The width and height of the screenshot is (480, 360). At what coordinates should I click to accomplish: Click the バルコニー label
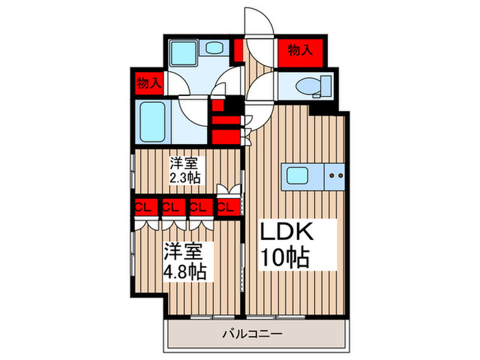pyautogui.click(x=256, y=335)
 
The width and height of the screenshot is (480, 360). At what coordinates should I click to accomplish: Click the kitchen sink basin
pyautogui.click(x=297, y=175)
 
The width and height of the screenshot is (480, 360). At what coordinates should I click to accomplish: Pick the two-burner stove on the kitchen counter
pyautogui.click(x=336, y=175)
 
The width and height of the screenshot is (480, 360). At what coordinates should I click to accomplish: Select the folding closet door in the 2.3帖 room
pyautogui.click(x=226, y=190)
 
